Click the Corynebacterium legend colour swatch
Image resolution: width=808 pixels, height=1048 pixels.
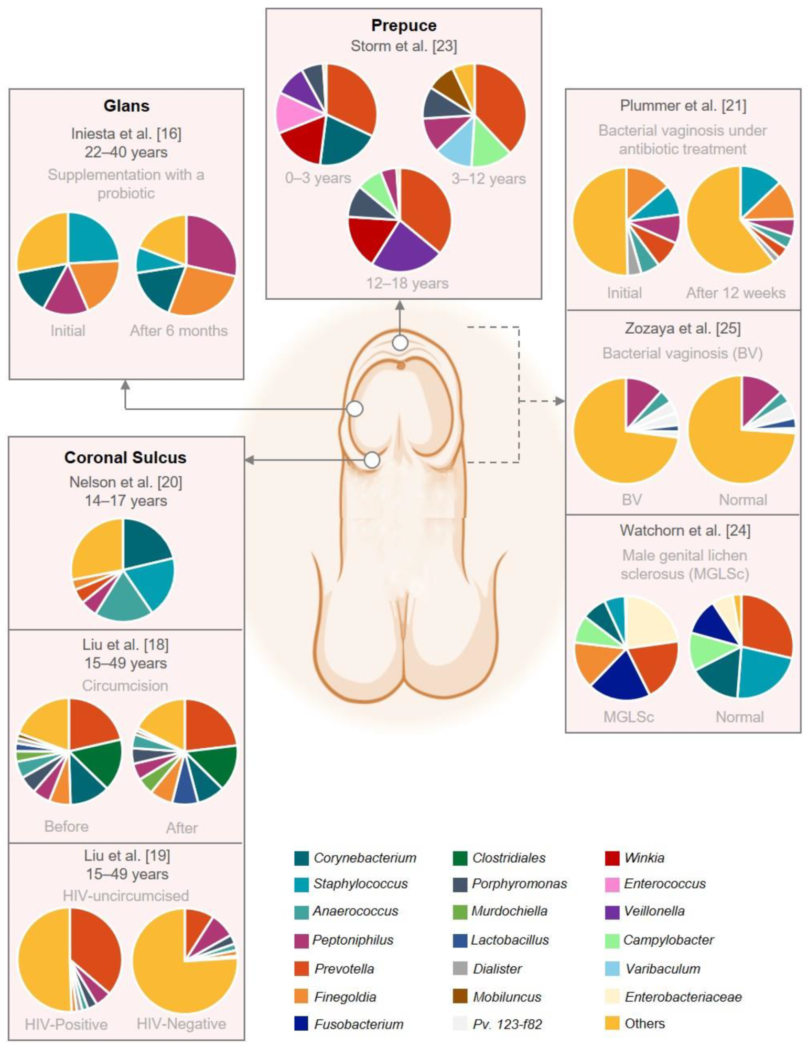tap(301, 858)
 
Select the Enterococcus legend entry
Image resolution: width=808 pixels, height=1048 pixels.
tap(664, 884)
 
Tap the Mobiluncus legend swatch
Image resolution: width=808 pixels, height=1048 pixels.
tap(460, 997)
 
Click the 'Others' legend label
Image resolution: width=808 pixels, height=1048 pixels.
tap(644, 1023)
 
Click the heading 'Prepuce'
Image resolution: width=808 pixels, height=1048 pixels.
tap(403, 25)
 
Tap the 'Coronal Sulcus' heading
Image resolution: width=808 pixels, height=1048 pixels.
tap(125, 457)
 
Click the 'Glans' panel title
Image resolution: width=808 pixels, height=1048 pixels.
tap(126, 106)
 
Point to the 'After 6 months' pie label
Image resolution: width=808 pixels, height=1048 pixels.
tap(179, 331)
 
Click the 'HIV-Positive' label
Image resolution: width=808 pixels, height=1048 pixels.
tap(66, 1024)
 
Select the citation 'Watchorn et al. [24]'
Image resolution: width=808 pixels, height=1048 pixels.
tap(685, 530)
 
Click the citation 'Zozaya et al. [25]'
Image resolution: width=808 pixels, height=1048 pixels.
tap(683, 329)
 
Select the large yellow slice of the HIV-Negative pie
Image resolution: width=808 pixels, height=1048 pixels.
tap(173, 975)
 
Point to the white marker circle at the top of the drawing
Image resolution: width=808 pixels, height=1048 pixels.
tap(400, 343)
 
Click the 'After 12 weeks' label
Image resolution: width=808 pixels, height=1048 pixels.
tap(736, 293)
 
